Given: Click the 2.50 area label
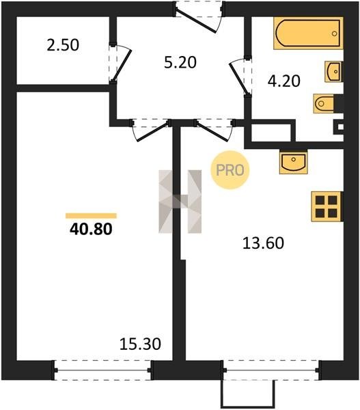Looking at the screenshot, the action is (63, 44).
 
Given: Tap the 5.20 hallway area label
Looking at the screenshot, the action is (180, 63).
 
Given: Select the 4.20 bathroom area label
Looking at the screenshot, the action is (284, 81).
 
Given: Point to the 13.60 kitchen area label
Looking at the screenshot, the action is (263, 243).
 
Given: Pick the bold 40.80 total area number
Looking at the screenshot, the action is (91, 229).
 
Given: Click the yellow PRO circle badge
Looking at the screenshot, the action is (230, 170).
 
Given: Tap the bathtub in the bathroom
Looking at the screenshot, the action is (308, 33).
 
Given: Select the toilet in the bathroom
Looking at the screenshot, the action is (324, 104).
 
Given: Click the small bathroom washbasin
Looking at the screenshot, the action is (333, 71).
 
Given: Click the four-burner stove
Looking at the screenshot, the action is (327, 206).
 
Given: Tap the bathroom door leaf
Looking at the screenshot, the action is (238, 77).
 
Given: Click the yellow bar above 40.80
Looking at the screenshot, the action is (91, 216).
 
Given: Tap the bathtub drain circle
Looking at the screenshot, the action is (334, 33).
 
